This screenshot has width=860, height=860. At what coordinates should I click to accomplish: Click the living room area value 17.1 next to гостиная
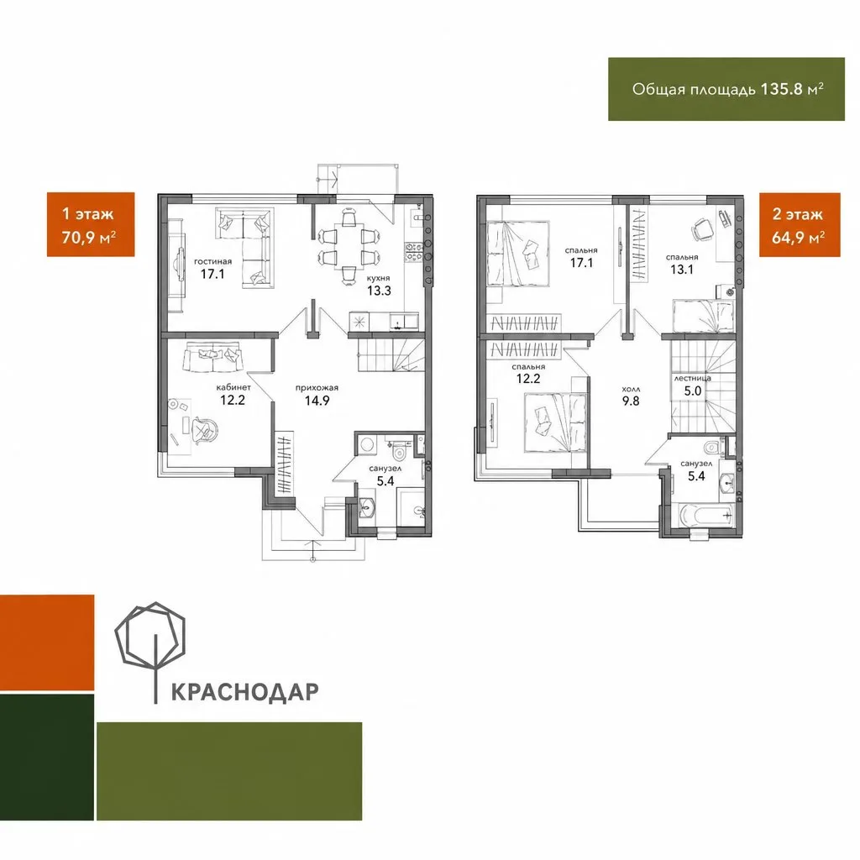212,274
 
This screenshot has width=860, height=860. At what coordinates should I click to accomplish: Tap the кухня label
379,278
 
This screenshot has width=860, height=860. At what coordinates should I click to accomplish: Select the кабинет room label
233,387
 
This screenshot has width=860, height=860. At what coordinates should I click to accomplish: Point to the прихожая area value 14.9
317,401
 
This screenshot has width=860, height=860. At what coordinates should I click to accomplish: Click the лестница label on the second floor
692,378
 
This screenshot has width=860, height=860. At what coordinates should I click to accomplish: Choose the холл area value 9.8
631,401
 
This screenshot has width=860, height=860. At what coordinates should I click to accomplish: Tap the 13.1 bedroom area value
682,270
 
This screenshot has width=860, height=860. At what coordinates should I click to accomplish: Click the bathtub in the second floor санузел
705,516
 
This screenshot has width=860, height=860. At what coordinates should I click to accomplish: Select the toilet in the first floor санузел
399,451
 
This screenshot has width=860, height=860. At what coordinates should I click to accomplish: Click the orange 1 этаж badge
91,224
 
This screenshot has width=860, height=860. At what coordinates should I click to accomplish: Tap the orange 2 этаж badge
800,224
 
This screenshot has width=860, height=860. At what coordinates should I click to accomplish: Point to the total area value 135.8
782,89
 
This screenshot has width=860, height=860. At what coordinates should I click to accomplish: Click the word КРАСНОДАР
244,692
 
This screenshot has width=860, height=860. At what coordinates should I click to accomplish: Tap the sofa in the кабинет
212,357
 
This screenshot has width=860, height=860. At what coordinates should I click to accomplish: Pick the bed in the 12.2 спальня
556,423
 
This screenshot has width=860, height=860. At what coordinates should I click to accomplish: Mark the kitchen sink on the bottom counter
404,322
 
